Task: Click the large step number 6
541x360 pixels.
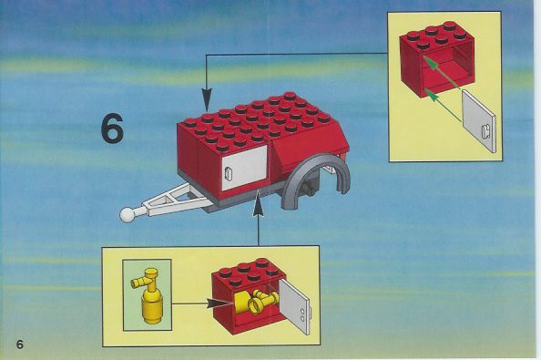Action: click(x=112, y=129)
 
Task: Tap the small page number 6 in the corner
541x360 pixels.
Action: click(x=20, y=345)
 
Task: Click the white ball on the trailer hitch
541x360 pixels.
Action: click(x=128, y=215)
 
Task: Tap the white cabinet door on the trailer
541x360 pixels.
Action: click(x=244, y=168)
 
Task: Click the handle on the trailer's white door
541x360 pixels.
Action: click(x=228, y=173)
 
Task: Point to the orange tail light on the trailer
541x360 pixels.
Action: click(x=343, y=158)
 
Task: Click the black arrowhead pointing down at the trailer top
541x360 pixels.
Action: click(x=207, y=99)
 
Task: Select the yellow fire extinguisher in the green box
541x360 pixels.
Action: click(x=148, y=296)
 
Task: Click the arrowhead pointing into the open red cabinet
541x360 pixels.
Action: click(x=218, y=303)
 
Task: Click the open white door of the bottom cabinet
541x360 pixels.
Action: click(x=295, y=306)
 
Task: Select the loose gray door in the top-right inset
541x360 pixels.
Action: click(x=478, y=121)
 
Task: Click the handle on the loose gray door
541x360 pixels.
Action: click(x=486, y=132)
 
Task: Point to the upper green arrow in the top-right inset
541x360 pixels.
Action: click(x=443, y=73)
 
